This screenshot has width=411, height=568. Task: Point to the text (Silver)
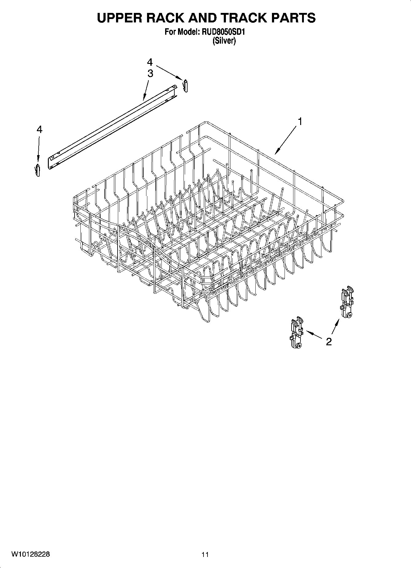[224, 41]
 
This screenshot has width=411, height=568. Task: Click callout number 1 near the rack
[300, 122]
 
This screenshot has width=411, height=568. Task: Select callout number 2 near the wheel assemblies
[329, 342]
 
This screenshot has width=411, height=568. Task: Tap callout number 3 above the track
[150, 74]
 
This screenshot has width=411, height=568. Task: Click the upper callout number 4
[149, 62]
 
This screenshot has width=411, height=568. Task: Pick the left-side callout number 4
[39, 130]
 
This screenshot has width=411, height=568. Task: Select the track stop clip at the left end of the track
[38, 170]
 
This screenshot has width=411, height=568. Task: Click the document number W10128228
[31, 554]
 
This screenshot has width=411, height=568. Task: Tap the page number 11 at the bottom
[205, 554]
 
